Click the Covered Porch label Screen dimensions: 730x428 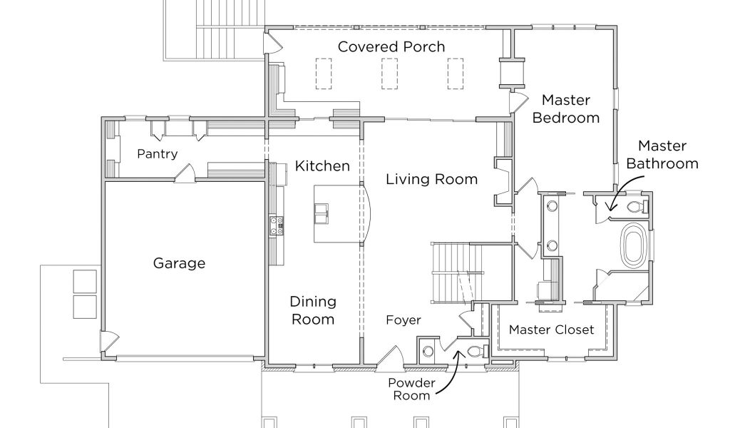[391, 46]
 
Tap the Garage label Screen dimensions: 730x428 [179, 263]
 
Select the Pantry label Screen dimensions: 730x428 [158, 154]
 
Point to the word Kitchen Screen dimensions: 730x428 [322, 165]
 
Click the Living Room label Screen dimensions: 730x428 [431, 179]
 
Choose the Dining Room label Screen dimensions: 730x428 [313, 310]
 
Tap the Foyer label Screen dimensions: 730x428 [403, 320]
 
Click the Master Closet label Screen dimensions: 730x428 [551, 330]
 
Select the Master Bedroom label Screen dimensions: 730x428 [565, 109]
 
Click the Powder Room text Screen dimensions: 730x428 [411, 389]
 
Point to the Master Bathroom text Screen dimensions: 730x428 [662, 155]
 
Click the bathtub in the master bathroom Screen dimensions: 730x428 [632, 245]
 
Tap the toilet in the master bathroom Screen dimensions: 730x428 [636, 206]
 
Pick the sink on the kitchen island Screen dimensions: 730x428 [322, 214]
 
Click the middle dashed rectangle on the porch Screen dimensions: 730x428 [390, 73]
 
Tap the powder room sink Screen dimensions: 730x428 [428, 351]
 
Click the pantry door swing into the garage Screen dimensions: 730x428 [186, 173]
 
